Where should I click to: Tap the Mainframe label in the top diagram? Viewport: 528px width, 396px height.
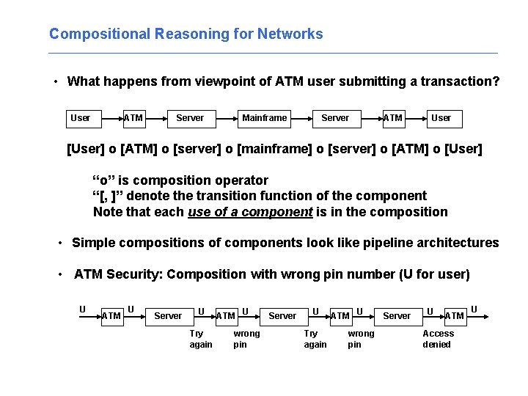(265, 117)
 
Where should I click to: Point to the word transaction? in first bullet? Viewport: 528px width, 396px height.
(460, 81)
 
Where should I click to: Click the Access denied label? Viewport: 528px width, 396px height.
(438, 339)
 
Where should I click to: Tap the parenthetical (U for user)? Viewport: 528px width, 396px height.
(434, 274)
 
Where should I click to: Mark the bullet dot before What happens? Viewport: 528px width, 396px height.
(56, 82)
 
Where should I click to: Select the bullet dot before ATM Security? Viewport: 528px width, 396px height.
(61, 275)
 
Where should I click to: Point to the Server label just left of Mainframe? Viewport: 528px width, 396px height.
(190, 117)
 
